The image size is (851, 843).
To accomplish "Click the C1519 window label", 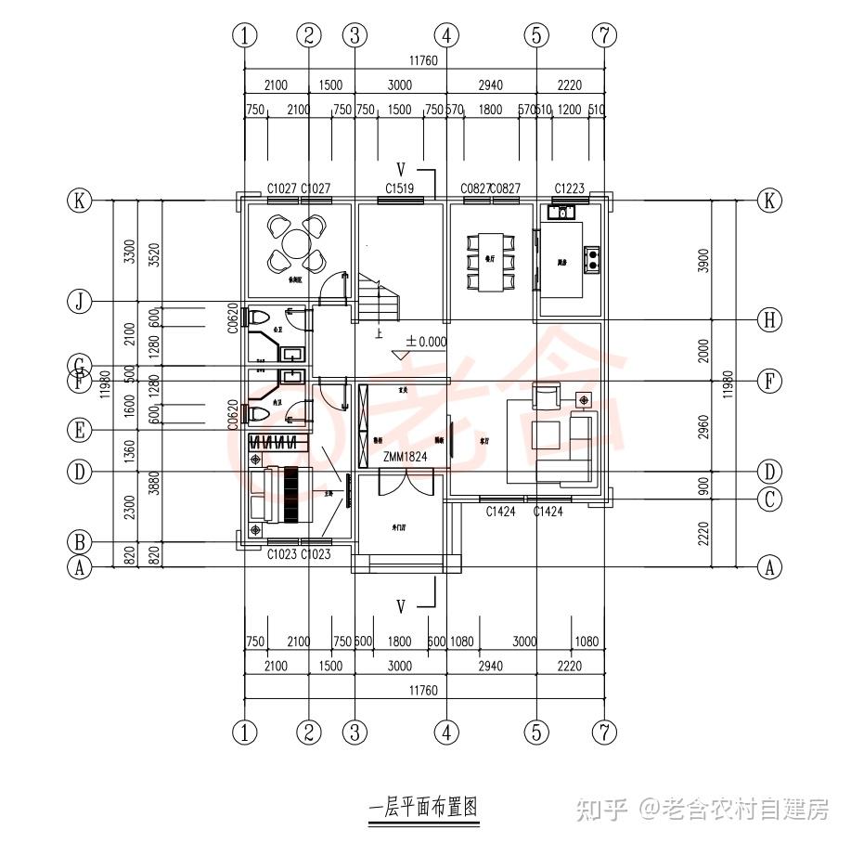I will [x=399, y=188].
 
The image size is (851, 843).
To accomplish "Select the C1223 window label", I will [x=569, y=188].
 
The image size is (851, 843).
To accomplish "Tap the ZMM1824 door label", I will [x=404, y=456].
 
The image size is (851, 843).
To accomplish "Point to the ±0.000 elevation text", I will [x=426, y=342].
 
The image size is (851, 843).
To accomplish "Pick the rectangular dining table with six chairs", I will [x=490, y=262].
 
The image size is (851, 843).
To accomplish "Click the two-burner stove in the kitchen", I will [x=592, y=254].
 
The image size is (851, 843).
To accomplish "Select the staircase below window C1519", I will [x=380, y=299].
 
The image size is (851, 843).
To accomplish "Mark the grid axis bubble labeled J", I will [x=81, y=301].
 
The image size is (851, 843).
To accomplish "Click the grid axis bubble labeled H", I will [x=769, y=320].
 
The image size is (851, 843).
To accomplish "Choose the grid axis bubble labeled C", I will [x=769, y=499].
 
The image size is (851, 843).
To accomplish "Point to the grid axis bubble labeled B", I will [x=81, y=541].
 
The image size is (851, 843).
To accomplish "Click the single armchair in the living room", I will [x=547, y=398].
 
